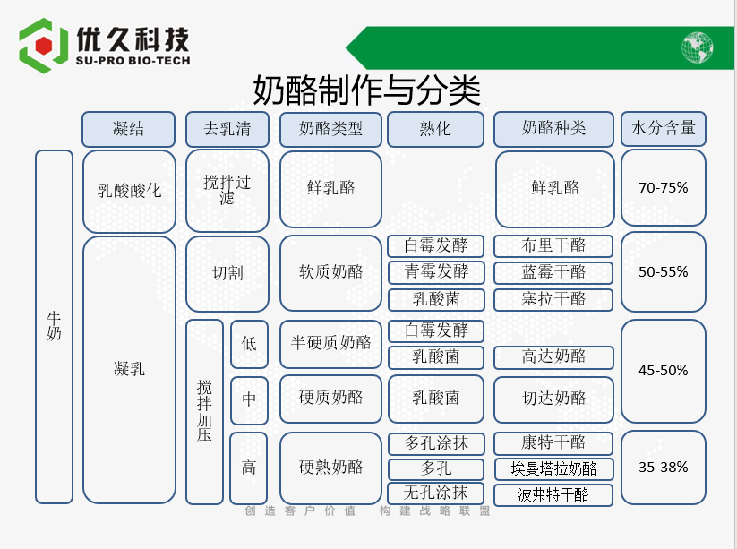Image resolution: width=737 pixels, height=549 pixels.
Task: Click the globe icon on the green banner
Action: (x=697, y=47)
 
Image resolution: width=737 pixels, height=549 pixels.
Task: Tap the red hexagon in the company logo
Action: (x=44, y=46)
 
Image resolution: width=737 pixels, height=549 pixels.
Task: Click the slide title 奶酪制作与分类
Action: (x=366, y=90)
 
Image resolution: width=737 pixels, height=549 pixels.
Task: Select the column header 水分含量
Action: (x=664, y=129)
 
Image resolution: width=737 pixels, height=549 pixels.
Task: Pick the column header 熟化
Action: (x=435, y=129)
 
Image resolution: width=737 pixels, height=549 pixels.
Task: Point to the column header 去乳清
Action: (x=227, y=129)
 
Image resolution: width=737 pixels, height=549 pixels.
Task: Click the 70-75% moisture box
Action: (x=664, y=188)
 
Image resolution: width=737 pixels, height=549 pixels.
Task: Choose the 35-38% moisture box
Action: (x=664, y=468)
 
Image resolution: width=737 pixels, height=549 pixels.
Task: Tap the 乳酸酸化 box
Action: (x=129, y=192)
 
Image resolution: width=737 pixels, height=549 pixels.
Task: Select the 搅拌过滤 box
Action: (x=227, y=191)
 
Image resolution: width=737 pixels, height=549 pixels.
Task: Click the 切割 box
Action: (x=227, y=273)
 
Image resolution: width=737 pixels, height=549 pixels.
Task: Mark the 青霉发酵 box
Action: (x=436, y=272)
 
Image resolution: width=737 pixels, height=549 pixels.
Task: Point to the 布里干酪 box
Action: (x=553, y=245)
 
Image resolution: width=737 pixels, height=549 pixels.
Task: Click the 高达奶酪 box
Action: (x=553, y=357)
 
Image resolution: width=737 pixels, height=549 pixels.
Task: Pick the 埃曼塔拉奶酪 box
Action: (x=553, y=469)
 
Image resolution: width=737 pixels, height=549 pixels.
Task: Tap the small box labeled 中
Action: (x=249, y=400)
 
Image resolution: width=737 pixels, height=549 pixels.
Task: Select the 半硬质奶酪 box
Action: (x=330, y=344)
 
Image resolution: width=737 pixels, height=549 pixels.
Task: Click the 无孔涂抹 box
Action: (x=436, y=493)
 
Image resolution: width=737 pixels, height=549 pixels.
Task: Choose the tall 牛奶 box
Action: (x=54, y=327)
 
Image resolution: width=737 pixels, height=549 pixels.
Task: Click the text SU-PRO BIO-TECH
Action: (x=133, y=61)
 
